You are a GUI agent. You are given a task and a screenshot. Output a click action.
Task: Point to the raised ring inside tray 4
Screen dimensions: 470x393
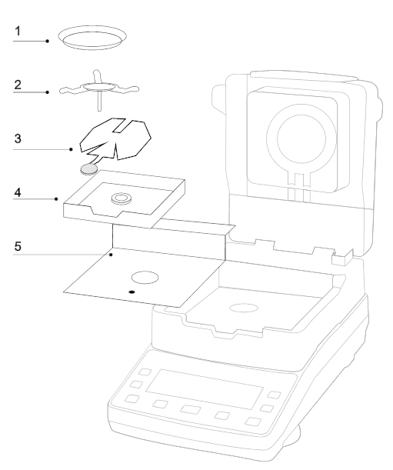click(x=120, y=199)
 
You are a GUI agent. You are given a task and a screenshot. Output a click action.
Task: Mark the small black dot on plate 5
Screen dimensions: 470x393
click(x=132, y=293)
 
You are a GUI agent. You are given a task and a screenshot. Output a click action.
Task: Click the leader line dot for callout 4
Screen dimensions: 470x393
click(x=58, y=199)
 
